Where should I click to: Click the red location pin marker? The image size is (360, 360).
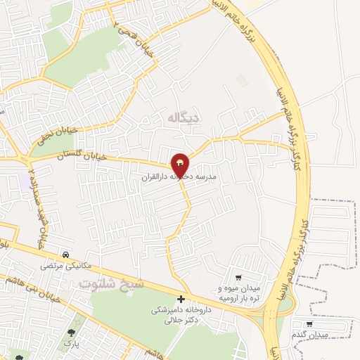point(181,164)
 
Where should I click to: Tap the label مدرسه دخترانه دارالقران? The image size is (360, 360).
point(181,179)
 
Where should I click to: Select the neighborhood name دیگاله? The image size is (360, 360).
point(182,117)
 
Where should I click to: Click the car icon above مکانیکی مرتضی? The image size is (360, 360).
point(65,254)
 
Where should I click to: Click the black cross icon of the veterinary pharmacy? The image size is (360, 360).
point(181,300)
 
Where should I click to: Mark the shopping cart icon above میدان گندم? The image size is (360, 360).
point(310,324)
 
